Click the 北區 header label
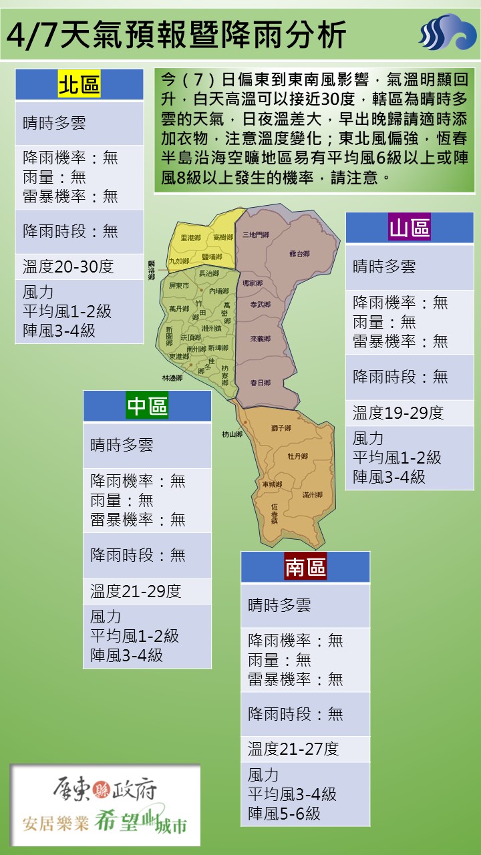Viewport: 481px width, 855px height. click(x=79, y=85)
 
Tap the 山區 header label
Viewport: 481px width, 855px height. click(x=410, y=228)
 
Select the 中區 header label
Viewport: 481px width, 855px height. click(x=147, y=406)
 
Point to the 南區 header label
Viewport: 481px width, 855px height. click(x=305, y=567)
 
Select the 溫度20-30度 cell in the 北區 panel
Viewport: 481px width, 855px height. click(x=68, y=267)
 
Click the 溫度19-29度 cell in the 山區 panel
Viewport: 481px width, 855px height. click(x=398, y=413)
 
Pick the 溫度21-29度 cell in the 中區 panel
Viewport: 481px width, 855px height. click(x=136, y=591)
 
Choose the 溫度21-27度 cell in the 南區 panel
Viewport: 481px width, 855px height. click(x=293, y=749)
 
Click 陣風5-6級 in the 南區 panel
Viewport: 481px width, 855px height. click(x=284, y=813)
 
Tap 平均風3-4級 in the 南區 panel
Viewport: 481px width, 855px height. click(x=292, y=794)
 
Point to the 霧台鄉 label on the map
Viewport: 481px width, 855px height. click(x=299, y=254)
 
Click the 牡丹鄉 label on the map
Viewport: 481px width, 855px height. click(x=297, y=456)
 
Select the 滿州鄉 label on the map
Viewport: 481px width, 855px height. click(x=312, y=495)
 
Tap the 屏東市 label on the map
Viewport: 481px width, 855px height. click(x=180, y=285)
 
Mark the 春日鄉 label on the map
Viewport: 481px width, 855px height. click(x=260, y=383)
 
